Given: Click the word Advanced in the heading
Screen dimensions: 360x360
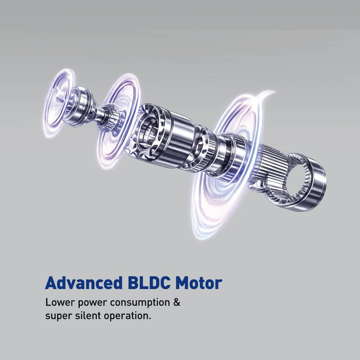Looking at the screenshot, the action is [83, 283].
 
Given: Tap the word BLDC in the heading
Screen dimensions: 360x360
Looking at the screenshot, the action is [149, 283].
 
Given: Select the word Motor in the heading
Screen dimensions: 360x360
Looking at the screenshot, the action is [199, 283].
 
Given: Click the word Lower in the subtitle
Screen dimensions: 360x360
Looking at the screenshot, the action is [60, 302].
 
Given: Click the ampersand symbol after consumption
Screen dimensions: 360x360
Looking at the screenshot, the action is [176, 302].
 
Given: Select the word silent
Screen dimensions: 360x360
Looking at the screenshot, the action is [88, 315].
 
